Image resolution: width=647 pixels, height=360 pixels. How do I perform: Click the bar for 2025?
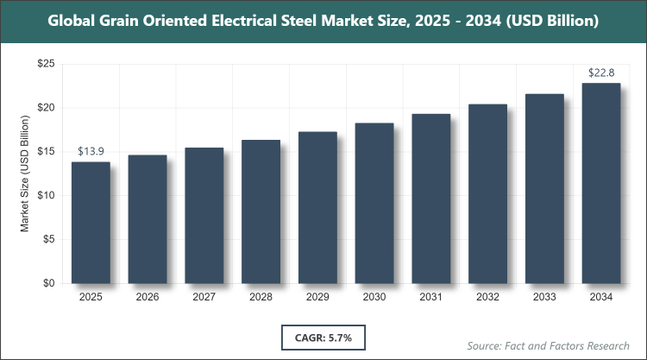pos(91,223)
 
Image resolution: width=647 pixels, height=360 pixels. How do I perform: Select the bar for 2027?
pos(204,216)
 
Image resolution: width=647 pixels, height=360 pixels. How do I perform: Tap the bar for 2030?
pos(374,203)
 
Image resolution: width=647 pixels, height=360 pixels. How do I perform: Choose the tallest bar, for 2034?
pos(600,183)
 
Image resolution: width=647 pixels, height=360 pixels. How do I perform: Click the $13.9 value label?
pos(91,152)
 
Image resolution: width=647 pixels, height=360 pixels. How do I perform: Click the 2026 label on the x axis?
pos(148,297)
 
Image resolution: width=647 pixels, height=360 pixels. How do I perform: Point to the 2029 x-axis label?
pos(317,297)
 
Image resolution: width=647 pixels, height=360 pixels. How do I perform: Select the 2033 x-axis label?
pos(543,297)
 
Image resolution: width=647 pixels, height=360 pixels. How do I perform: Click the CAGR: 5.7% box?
pos(323,335)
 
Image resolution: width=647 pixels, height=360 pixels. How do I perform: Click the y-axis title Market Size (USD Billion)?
pos(27,174)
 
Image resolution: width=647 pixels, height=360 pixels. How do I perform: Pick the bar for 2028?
pos(261,212)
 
